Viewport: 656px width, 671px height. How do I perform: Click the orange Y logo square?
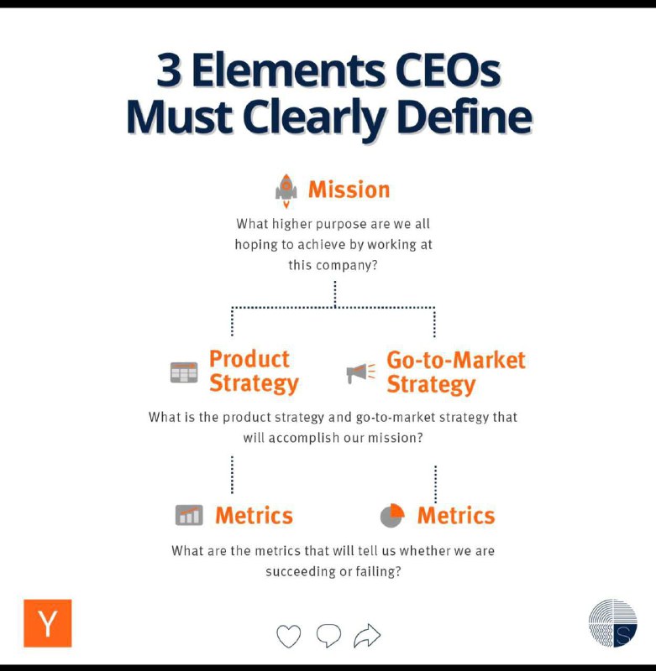pos(48,623)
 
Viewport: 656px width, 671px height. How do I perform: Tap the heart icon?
pos(288,636)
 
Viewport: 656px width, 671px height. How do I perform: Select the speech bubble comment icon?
pos(328,635)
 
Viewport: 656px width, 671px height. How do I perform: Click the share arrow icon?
pos(367,636)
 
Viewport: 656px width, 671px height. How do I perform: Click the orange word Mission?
pos(349,190)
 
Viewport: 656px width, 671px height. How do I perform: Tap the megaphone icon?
pos(360,372)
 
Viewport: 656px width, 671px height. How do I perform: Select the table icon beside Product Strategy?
pos(184,372)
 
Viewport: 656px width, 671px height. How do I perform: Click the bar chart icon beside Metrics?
pos(189,515)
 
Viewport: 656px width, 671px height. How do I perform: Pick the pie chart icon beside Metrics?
pos(392,515)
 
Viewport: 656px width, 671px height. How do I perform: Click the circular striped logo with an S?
pos(612,623)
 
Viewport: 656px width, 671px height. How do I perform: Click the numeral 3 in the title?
pos(168,70)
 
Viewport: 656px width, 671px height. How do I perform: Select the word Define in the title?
pos(464,117)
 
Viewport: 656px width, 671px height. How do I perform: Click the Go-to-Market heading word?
pos(456,360)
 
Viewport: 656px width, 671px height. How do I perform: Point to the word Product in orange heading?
pos(249,359)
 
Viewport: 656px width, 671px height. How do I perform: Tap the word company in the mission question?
pos(346,265)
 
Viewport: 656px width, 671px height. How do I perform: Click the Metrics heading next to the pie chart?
pos(456,515)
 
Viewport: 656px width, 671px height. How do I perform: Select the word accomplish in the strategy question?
pos(303,438)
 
